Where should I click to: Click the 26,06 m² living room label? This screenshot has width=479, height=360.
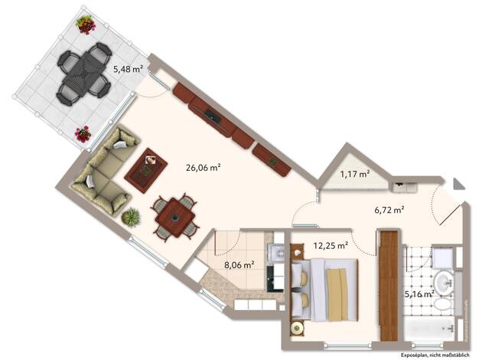point(203,168)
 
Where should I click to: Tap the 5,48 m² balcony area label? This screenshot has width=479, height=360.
point(128,69)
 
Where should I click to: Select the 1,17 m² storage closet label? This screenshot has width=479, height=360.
point(355,175)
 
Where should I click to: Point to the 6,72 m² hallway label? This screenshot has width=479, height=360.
point(389,210)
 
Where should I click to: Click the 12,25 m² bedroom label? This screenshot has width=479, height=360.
point(331,245)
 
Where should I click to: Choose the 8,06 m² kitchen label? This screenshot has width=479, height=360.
point(239,265)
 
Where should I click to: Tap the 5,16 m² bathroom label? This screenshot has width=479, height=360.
point(419,294)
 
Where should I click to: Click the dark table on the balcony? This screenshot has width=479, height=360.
point(84,74)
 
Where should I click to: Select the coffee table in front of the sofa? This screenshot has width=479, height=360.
point(145,170)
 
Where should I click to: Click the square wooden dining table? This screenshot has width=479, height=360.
point(175,218)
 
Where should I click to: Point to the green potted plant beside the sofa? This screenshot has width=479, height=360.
point(131,218)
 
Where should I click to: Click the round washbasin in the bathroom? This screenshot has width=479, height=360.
point(444,283)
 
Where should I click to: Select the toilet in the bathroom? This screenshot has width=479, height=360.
point(444,305)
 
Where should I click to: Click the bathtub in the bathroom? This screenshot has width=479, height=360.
point(429,329)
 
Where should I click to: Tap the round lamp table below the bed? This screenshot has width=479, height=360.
point(297,328)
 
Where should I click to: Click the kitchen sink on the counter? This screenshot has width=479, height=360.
point(275,251)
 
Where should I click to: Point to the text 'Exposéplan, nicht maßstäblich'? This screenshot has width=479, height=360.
point(435,355)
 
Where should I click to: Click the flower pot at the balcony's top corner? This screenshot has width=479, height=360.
point(86,25)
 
